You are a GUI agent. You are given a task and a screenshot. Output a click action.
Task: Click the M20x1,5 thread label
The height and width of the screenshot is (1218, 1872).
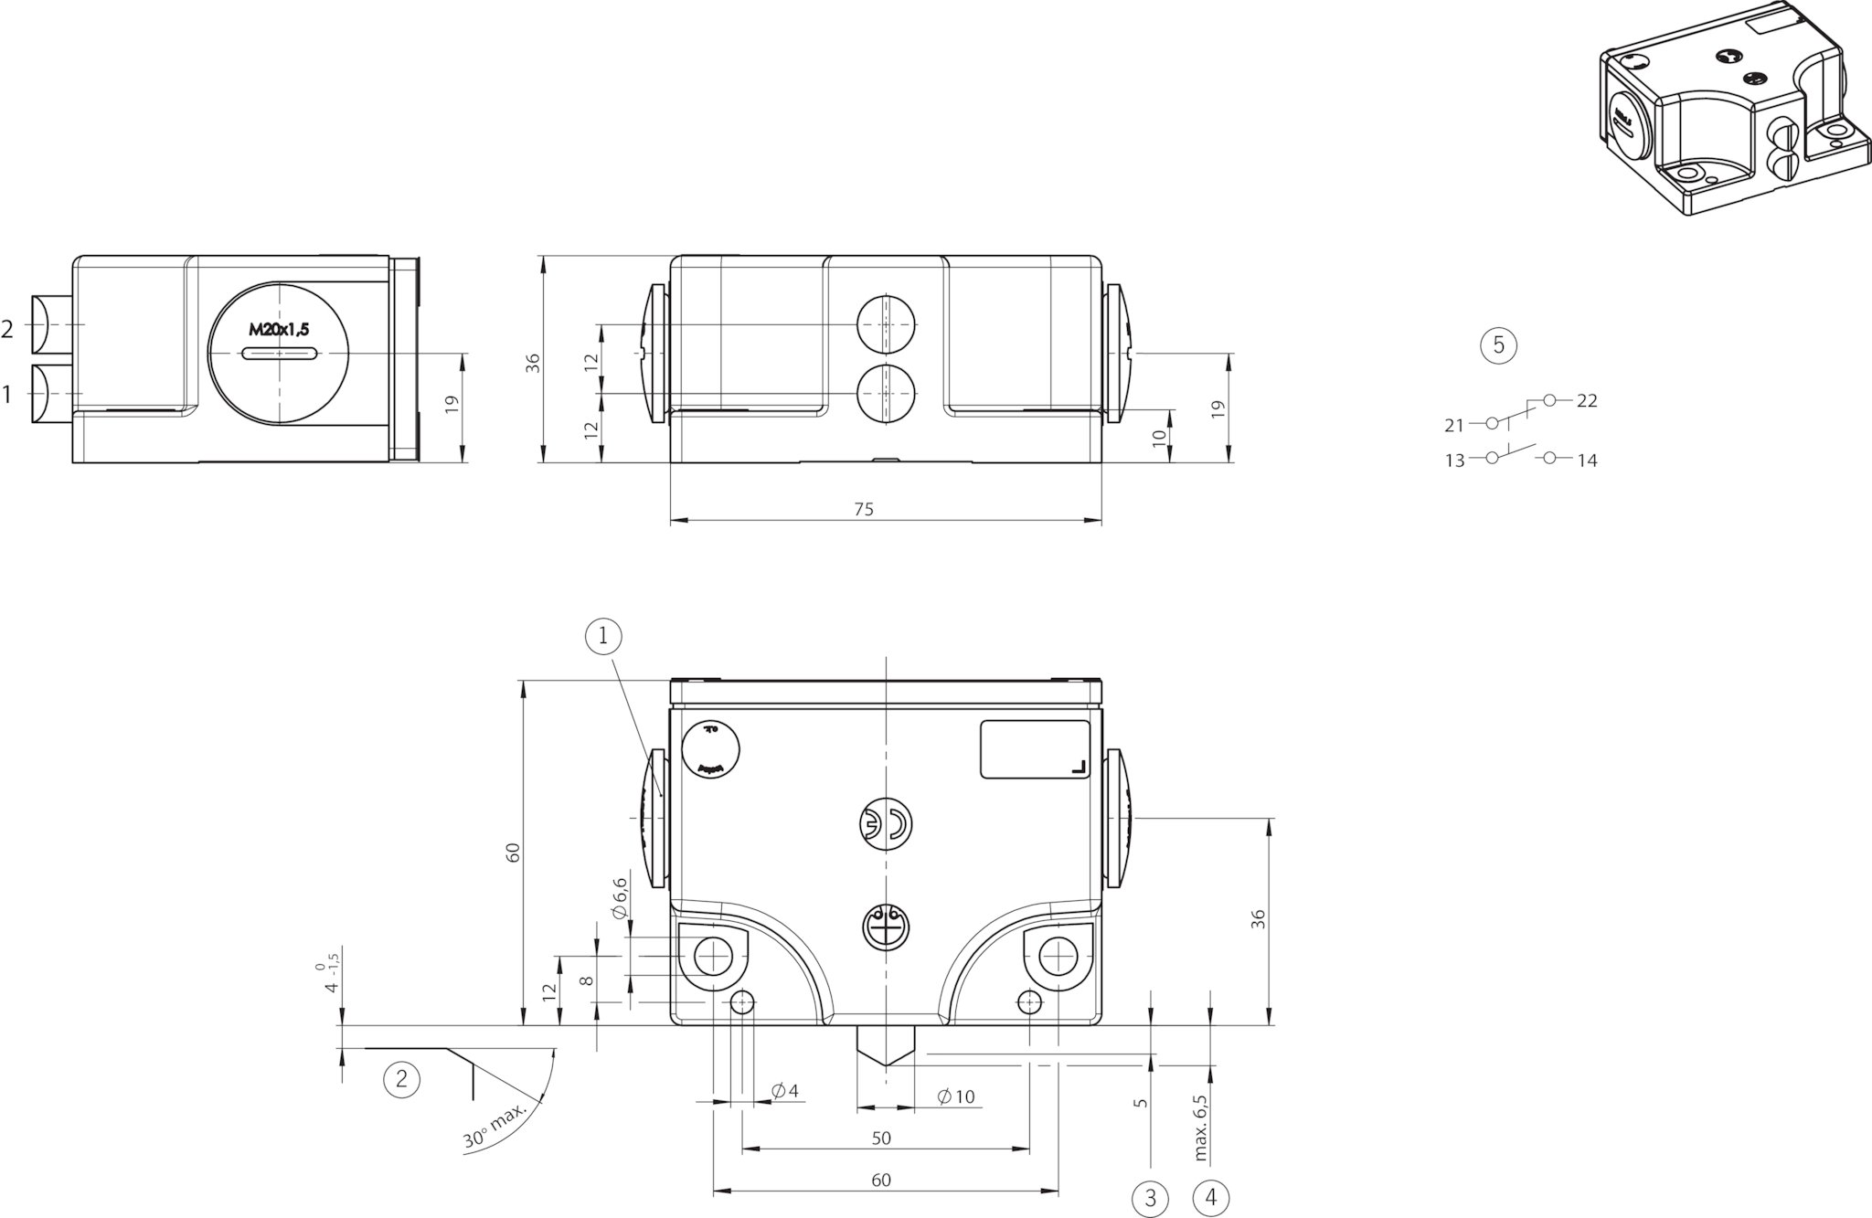(x=279, y=331)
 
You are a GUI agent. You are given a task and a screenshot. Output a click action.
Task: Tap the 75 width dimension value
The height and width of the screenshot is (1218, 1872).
(x=863, y=510)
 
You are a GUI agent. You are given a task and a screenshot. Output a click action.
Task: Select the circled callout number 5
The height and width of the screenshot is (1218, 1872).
(x=1498, y=345)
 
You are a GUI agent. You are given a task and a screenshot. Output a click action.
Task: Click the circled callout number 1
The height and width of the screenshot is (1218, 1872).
(x=603, y=637)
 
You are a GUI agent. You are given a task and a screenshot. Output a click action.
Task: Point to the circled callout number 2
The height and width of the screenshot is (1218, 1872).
(x=401, y=1079)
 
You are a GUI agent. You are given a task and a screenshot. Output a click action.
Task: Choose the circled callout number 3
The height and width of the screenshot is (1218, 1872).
(x=1151, y=1198)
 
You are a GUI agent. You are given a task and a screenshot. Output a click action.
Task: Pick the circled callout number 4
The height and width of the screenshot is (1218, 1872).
(x=1211, y=1198)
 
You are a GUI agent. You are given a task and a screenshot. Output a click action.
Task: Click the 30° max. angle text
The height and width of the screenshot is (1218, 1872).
(x=495, y=1127)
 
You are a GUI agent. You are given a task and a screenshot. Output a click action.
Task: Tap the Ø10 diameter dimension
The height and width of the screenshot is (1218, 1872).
(x=957, y=1096)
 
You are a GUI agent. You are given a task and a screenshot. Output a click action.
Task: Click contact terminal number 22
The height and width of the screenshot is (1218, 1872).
(x=1587, y=401)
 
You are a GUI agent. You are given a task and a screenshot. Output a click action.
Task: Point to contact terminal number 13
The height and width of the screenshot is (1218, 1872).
(x=1454, y=461)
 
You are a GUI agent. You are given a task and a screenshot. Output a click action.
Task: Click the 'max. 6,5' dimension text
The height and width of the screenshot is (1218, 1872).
(x=1201, y=1128)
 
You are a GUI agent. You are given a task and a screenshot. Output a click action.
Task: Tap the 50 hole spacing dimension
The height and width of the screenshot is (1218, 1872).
(x=880, y=1138)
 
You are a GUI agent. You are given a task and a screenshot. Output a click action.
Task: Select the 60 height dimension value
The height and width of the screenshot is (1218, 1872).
(x=514, y=852)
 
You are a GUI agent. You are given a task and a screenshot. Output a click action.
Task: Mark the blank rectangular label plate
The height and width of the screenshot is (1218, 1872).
(x=1035, y=749)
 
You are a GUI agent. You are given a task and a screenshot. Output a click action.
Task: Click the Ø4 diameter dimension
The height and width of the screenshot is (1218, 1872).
(x=785, y=1091)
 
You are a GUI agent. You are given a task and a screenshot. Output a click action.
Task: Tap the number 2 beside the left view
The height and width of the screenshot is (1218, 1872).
(x=7, y=330)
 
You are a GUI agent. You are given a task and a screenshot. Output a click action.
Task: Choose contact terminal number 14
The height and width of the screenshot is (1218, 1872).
(x=1588, y=461)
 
